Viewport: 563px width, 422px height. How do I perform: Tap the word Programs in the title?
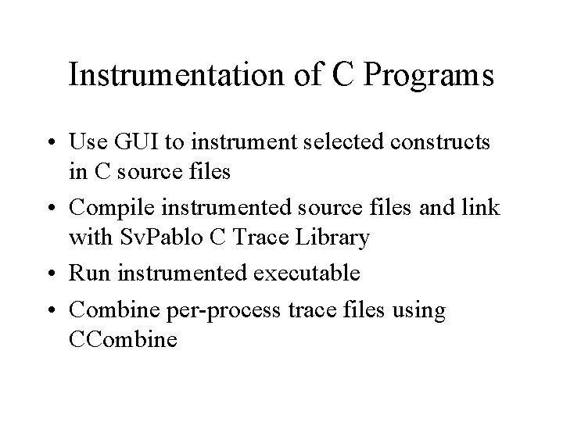tap(428, 77)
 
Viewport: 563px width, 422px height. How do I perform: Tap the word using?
tap(421, 310)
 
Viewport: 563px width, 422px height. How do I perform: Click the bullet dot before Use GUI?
tap(55, 144)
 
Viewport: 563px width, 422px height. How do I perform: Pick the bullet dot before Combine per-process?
tap(55, 311)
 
